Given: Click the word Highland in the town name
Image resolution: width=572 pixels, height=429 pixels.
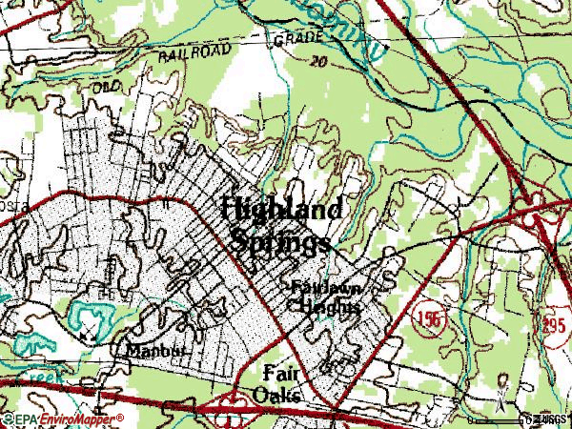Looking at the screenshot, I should [282, 211].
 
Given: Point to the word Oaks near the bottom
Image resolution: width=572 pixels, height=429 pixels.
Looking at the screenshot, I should [278, 394].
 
